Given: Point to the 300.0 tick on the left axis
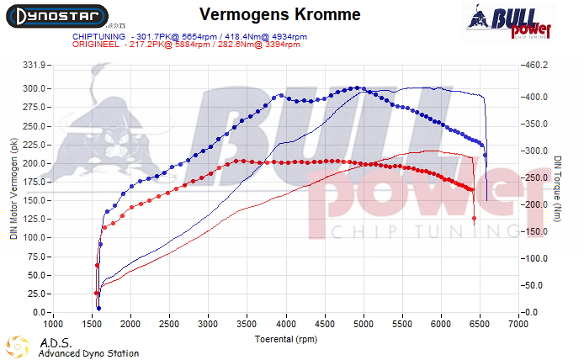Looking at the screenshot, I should (x=35, y=88).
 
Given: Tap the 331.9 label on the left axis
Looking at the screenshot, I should (x=35, y=65).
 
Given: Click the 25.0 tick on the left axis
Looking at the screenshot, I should (x=38, y=294).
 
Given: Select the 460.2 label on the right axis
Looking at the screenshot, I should (x=536, y=65).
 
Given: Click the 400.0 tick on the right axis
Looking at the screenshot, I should (x=536, y=97).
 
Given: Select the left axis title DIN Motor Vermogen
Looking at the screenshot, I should (x=13, y=189).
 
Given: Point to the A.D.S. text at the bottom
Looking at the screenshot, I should (x=51, y=342).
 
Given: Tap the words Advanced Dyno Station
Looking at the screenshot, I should (x=88, y=353).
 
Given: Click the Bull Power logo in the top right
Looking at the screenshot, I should (x=508, y=22).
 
